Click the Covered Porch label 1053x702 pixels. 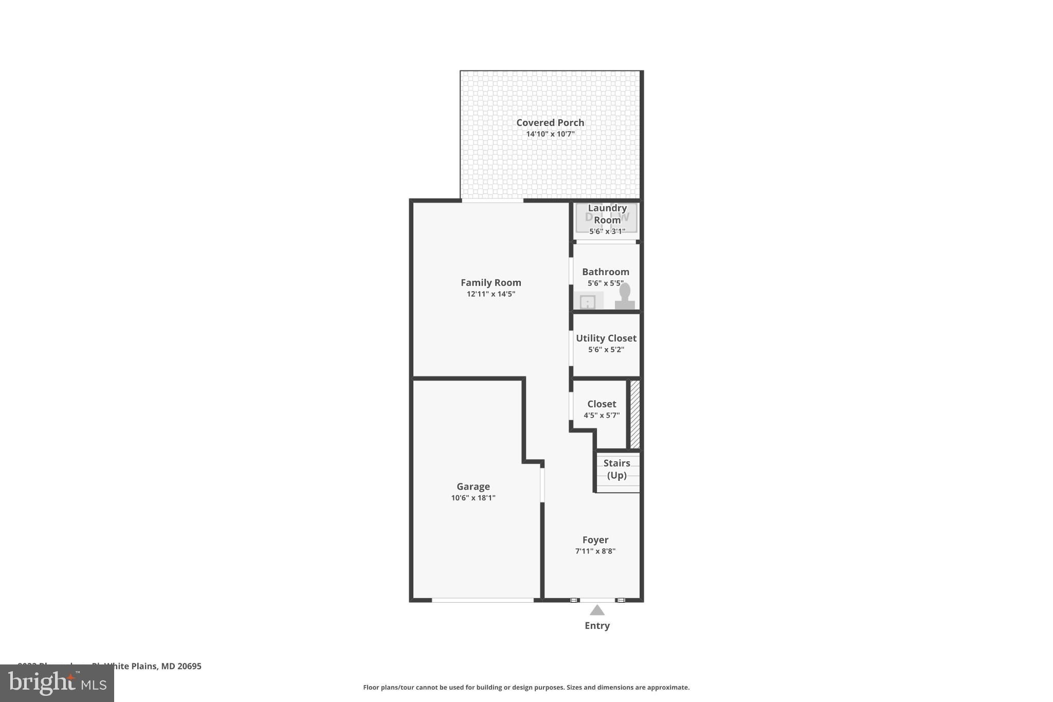(x=550, y=122)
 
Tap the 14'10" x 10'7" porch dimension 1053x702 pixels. (x=550, y=134)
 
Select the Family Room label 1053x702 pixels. (x=491, y=282)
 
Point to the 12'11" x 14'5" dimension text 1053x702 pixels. (x=491, y=294)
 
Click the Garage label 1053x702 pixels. (x=473, y=486)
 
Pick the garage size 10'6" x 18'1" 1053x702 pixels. (x=473, y=498)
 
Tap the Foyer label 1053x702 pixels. (x=595, y=539)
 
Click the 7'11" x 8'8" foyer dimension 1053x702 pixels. (x=595, y=551)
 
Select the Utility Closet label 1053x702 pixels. (x=606, y=338)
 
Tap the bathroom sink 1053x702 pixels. (x=587, y=302)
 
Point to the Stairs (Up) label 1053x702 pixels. (x=616, y=469)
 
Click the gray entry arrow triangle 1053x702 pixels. (x=597, y=610)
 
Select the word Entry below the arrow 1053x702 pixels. (x=597, y=625)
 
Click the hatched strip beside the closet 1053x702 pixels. (x=635, y=414)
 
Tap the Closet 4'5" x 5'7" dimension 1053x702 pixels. (x=602, y=416)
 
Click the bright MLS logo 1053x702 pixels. (x=57, y=683)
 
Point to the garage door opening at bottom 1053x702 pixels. (x=482, y=600)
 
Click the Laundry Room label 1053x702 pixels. (x=607, y=214)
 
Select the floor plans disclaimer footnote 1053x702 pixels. (x=526, y=687)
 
